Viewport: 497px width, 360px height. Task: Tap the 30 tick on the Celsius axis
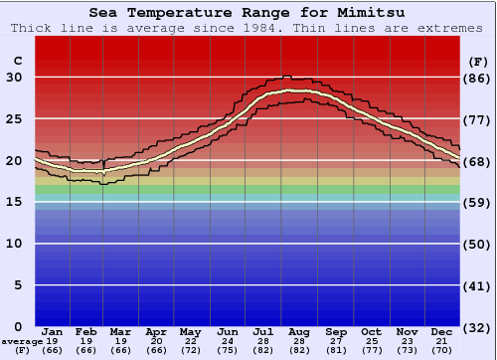15,77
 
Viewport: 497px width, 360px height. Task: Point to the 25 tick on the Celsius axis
15,118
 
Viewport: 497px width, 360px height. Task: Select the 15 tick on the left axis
15,202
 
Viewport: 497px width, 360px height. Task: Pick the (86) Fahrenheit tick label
479,78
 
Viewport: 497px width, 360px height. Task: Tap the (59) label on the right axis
479,203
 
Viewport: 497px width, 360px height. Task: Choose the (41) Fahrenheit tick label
479,286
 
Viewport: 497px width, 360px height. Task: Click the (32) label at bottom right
479,328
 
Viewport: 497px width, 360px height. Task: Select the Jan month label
53,331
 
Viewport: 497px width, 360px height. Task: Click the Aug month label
300,331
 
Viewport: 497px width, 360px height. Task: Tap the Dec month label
442,331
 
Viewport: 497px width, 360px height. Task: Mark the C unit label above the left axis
16,61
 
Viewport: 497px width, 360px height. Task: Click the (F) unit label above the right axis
477,61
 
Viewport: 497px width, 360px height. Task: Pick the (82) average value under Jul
264,350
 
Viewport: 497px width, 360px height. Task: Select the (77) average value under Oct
371,350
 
